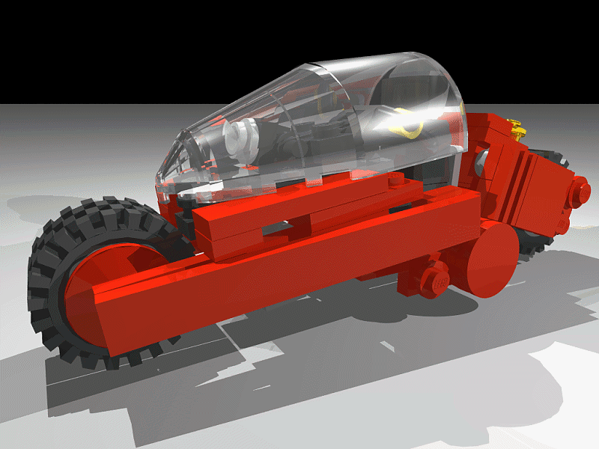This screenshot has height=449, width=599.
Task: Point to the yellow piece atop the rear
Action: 515,127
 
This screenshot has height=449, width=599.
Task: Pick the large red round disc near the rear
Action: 490,258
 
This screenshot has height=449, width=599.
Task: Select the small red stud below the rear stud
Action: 562,224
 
